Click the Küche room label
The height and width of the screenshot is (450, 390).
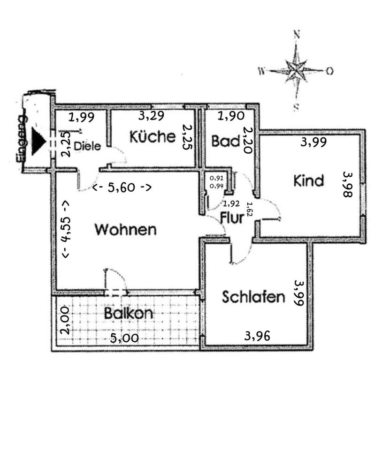click(153, 137)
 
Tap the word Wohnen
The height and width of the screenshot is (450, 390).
click(125, 230)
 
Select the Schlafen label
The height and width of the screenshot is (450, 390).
click(253, 297)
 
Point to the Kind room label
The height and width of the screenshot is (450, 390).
click(309, 180)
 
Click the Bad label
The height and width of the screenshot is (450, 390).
click(226, 141)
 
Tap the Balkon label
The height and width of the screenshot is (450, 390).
click(129, 313)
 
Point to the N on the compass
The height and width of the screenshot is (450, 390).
click(296, 34)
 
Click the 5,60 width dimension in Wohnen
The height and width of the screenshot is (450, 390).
click(122, 187)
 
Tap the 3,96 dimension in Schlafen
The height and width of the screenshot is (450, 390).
click(257, 336)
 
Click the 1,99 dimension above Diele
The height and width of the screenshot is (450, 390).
click(81, 117)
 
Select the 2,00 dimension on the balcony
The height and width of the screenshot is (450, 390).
click(66, 320)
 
